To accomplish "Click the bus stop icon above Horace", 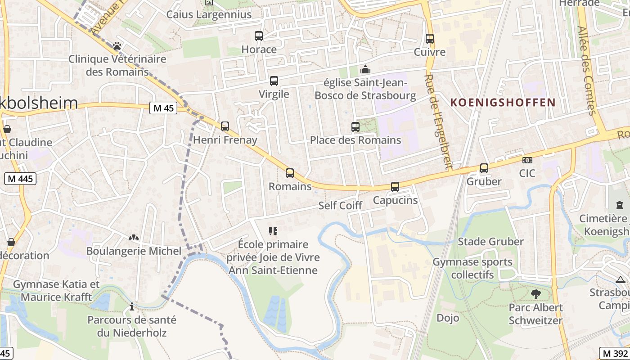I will pyautogui.click(x=259, y=36).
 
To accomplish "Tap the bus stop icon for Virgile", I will pyautogui.click(x=274, y=81).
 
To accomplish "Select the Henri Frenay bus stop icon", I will pyautogui.click(x=225, y=126).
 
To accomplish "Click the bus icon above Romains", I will pyautogui.click(x=290, y=173).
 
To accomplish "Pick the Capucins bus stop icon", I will pyautogui.click(x=395, y=187).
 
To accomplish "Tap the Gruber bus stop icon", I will pyautogui.click(x=484, y=168).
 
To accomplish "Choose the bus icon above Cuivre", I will pyautogui.click(x=430, y=39).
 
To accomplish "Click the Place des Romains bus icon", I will pyautogui.click(x=355, y=127).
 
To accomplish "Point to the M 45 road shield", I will pyautogui.click(x=164, y=108).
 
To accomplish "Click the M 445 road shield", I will pyautogui.click(x=20, y=179).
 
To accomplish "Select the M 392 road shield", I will pyautogui.click(x=615, y=353).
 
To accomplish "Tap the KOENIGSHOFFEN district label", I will pyautogui.click(x=503, y=103).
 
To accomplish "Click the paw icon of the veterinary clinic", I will pyautogui.click(x=117, y=46).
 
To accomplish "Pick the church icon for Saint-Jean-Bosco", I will pyautogui.click(x=365, y=69).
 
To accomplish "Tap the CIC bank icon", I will pyautogui.click(x=527, y=160).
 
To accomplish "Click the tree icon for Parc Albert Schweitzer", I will pyautogui.click(x=535, y=294).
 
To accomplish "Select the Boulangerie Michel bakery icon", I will pyautogui.click(x=134, y=238).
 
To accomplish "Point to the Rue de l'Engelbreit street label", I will pyautogui.click(x=438, y=121).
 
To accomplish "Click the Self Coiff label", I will pyautogui.click(x=340, y=206).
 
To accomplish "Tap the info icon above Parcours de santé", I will pyautogui.click(x=131, y=307).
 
